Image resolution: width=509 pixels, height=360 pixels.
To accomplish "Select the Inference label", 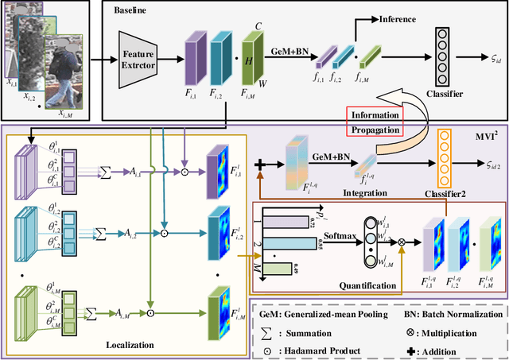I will point(380,19).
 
